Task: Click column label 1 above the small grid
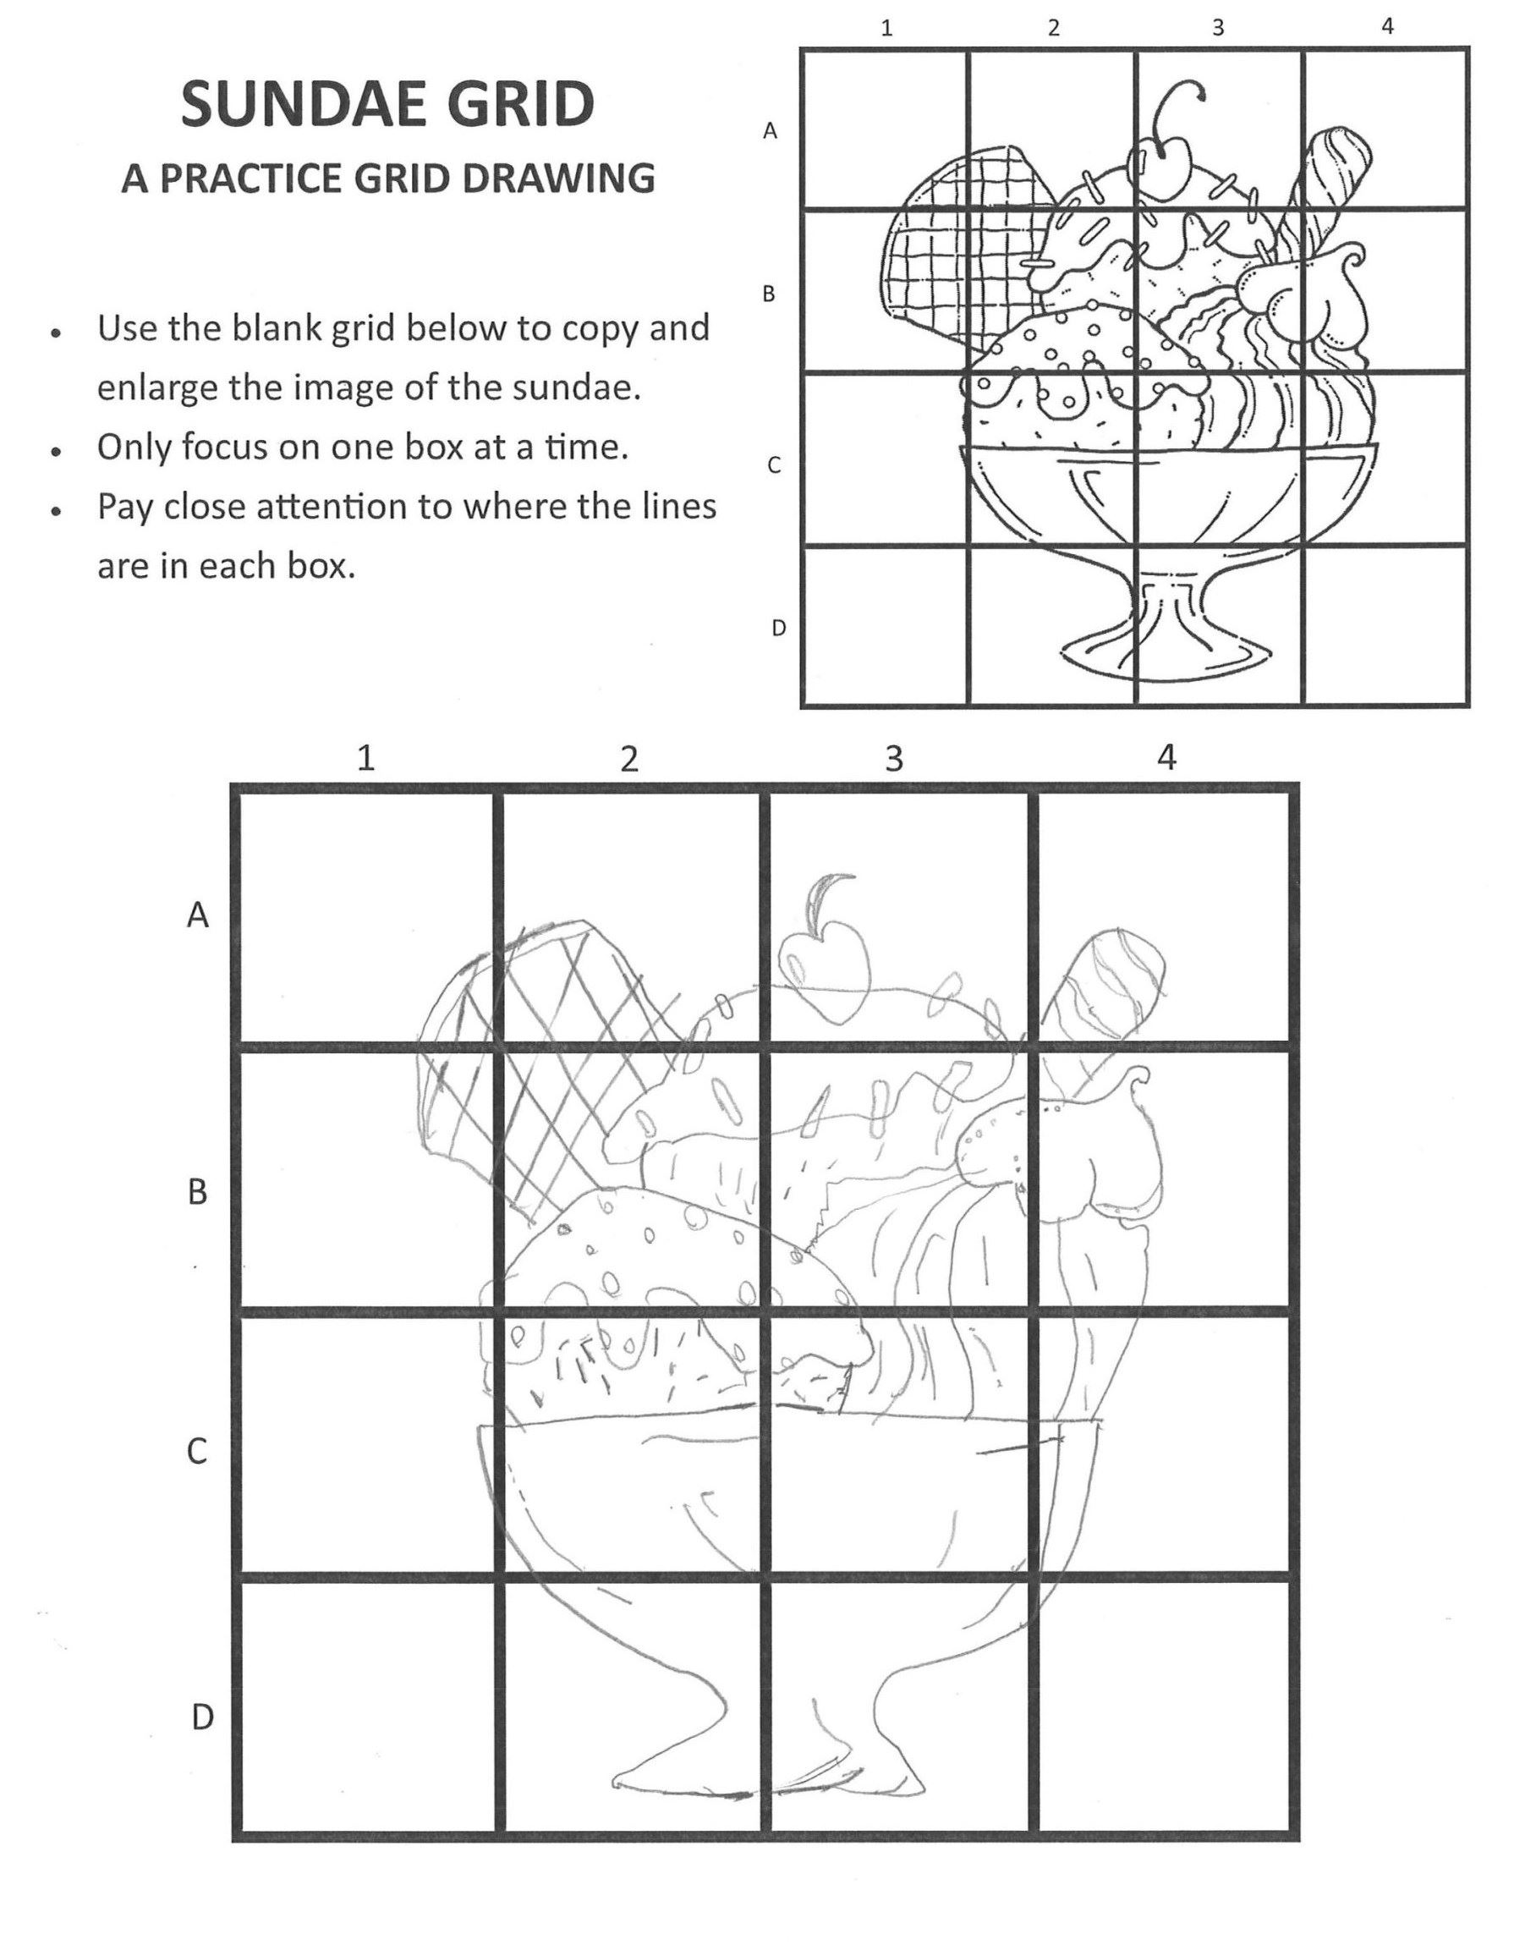coord(886,28)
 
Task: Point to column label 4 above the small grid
coord(1387,26)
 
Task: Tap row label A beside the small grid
coord(770,131)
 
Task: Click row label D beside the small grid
coord(779,628)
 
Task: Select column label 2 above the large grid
coord(629,759)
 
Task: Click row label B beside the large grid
coord(197,1193)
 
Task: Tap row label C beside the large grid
coord(197,1452)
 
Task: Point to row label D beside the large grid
coord(202,1717)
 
